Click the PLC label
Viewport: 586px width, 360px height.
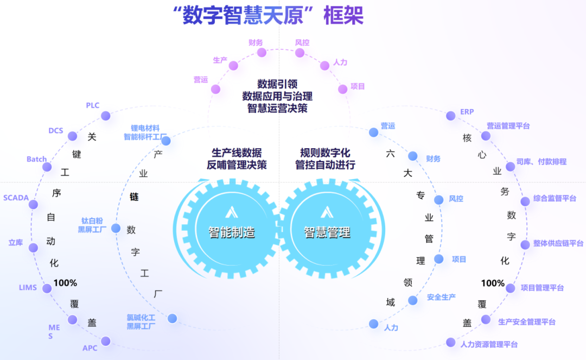click(x=93, y=105)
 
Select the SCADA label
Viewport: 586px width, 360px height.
click(x=16, y=198)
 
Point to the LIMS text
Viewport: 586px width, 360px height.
click(x=28, y=287)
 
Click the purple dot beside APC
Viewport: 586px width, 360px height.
click(x=106, y=342)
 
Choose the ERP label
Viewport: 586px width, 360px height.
click(x=467, y=111)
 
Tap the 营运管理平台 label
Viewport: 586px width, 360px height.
click(x=508, y=126)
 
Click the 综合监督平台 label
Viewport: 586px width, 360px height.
click(x=555, y=199)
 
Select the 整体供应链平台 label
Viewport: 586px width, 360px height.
click(x=558, y=243)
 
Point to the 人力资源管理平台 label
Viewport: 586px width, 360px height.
click(x=489, y=344)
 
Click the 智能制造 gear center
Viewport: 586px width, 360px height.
click(x=232, y=232)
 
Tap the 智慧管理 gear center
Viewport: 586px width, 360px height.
click(x=327, y=232)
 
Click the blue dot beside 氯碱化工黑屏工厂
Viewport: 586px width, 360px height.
click(x=173, y=318)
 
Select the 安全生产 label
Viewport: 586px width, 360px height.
click(x=441, y=297)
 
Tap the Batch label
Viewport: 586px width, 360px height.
click(x=37, y=159)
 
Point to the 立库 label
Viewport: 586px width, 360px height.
click(x=16, y=243)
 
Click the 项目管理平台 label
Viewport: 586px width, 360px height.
click(x=542, y=287)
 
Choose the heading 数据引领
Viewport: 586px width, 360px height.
click(x=277, y=84)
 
